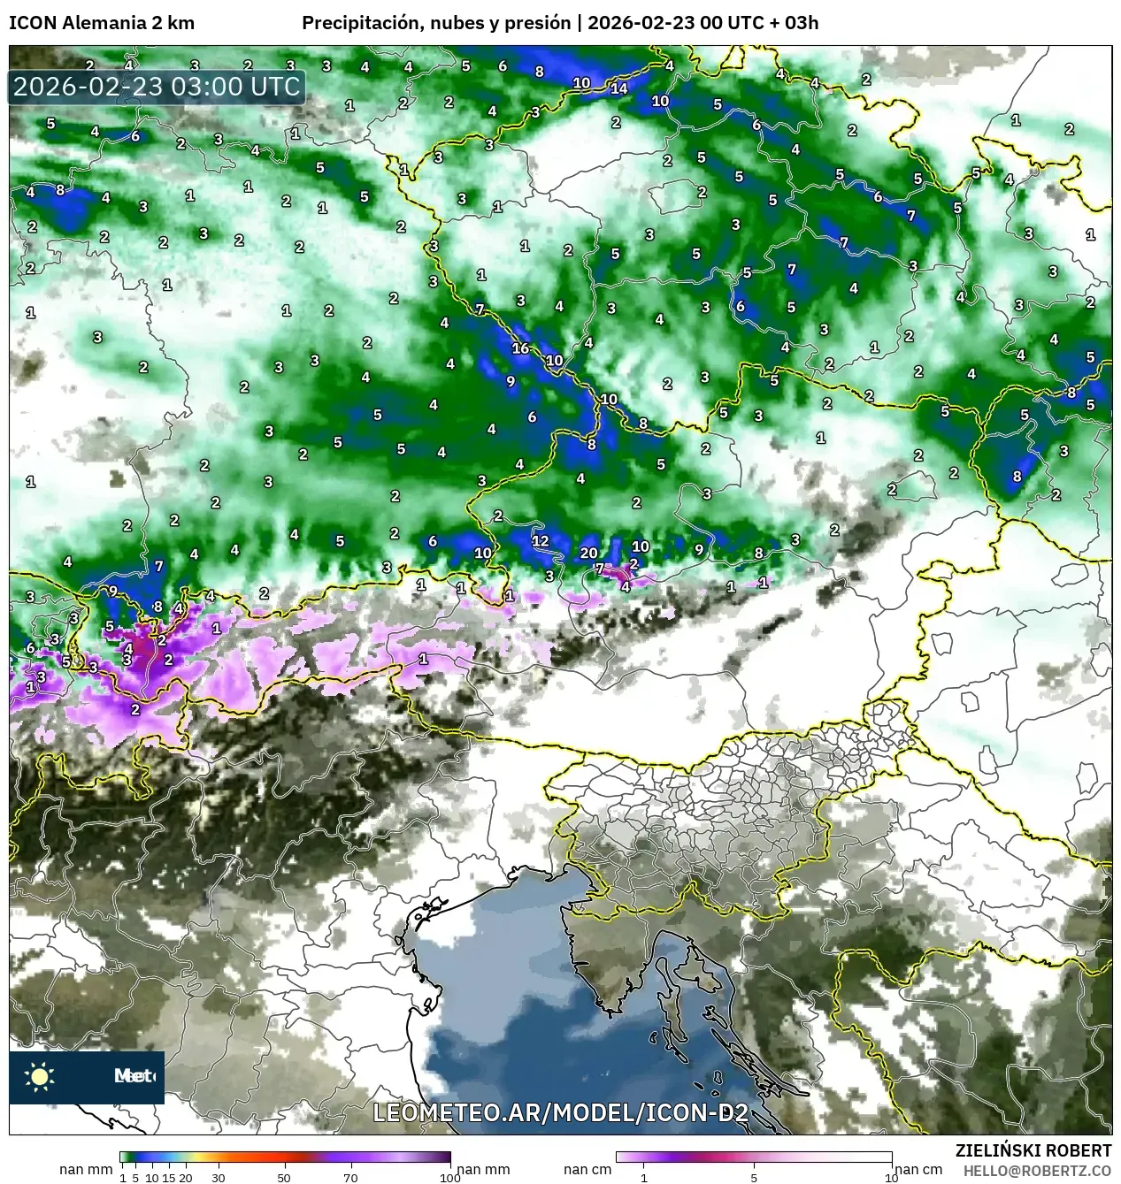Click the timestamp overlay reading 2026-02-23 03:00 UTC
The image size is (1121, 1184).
click(x=157, y=88)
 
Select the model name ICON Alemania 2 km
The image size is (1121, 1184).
click(x=102, y=23)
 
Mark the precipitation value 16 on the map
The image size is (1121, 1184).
click(x=520, y=348)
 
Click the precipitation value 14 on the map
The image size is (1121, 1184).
click(x=619, y=88)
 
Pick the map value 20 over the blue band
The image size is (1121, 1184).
click(x=588, y=553)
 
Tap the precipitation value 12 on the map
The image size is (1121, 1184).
click(x=540, y=541)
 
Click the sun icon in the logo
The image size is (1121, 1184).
click(x=40, y=1076)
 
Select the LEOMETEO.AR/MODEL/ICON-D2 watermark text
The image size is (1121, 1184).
click(x=560, y=1113)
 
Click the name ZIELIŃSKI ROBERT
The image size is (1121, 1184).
click(x=1033, y=1150)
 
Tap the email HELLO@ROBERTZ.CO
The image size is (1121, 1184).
click(x=1037, y=1170)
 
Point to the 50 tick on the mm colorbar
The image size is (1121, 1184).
click(x=284, y=1177)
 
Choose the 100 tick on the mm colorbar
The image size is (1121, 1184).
click(x=449, y=1177)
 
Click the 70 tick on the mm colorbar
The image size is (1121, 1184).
click(x=350, y=1177)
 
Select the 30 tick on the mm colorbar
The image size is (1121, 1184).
click(x=218, y=1177)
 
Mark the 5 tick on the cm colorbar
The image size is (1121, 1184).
click(x=754, y=1177)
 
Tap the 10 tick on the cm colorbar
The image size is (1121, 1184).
click(x=891, y=1177)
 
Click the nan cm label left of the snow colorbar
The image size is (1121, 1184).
click(x=587, y=1170)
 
